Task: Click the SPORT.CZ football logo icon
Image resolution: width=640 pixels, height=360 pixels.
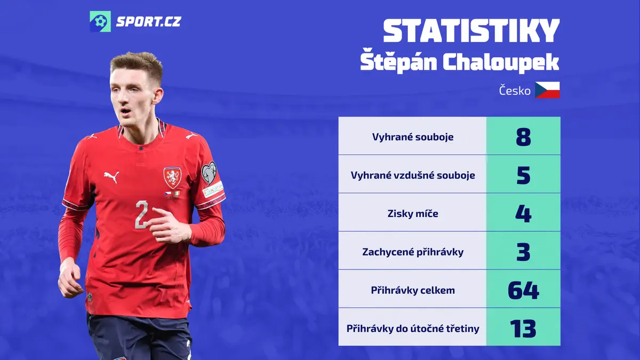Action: pyautogui.click(x=100, y=21)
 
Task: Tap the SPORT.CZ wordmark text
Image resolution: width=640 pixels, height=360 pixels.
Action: pyautogui.click(x=148, y=22)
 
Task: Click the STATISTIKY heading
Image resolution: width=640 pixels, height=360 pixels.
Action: pyautogui.click(x=471, y=31)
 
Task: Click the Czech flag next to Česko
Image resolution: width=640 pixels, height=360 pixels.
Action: pyautogui.click(x=547, y=90)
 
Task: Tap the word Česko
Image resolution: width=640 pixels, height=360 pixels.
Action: pyautogui.click(x=515, y=90)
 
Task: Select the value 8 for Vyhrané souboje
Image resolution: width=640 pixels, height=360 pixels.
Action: pyautogui.click(x=523, y=137)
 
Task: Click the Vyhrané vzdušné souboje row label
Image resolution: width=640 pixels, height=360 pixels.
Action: pyautogui.click(x=413, y=175)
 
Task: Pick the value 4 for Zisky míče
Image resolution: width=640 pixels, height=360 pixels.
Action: pyautogui.click(x=523, y=214)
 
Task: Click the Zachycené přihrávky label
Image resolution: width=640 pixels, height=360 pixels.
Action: pyautogui.click(x=413, y=252)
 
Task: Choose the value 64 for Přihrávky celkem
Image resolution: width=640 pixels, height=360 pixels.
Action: pyautogui.click(x=523, y=290)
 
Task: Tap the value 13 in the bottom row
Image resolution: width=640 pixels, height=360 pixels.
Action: pyautogui.click(x=523, y=329)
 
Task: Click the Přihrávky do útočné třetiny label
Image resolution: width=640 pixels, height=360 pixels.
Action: pyautogui.click(x=413, y=329)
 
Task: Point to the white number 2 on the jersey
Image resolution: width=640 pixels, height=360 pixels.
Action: pyautogui.click(x=142, y=214)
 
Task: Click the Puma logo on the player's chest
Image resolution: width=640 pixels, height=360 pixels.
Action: pyautogui.click(x=111, y=177)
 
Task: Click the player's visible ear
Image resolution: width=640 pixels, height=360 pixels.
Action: pyautogui.click(x=157, y=96)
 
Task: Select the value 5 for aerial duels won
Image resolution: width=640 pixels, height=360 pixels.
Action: pyautogui.click(x=523, y=175)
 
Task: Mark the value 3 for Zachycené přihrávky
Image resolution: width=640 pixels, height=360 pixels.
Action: pyautogui.click(x=523, y=252)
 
